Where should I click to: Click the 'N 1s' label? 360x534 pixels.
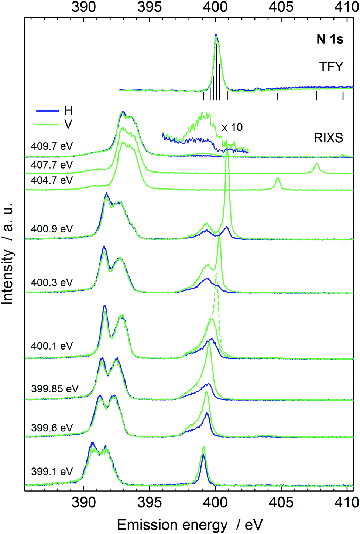[330, 39]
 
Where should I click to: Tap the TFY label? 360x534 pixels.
[331, 67]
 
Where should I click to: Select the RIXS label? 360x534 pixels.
[328, 138]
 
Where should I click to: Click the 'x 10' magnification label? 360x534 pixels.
[232, 127]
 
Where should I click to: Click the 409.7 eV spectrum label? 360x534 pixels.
[52, 146]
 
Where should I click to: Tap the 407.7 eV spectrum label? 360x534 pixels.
[52, 165]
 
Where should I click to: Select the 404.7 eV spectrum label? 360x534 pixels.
[52, 180]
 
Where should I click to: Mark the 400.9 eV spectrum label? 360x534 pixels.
[52, 229]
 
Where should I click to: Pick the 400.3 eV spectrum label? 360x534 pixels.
[52, 283]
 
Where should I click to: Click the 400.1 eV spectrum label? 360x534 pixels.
[52, 346]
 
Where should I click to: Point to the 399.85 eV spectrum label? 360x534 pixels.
[55, 389]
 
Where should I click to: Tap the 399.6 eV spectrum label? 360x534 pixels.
[52, 428]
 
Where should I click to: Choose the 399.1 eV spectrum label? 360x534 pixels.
[52, 472]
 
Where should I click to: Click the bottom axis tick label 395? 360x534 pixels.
[150, 503]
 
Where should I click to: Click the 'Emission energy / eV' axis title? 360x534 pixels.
[190, 525]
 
